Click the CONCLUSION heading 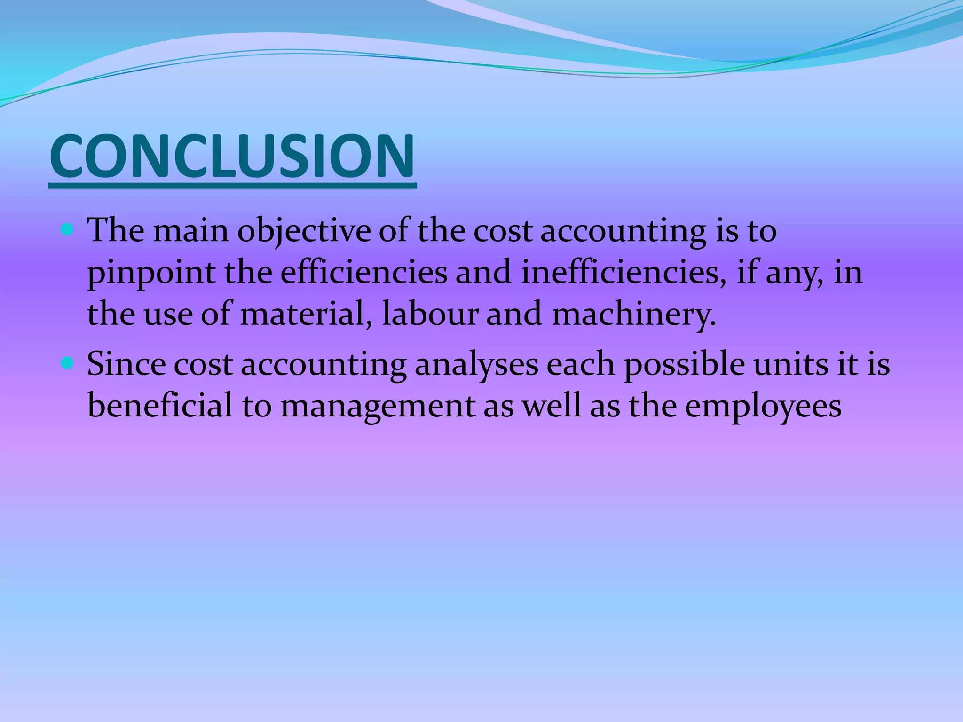pos(232,156)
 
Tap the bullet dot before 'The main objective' pos(68,230)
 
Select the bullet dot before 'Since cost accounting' pos(68,363)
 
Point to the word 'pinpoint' pos(150,274)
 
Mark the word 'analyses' pos(476,365)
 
